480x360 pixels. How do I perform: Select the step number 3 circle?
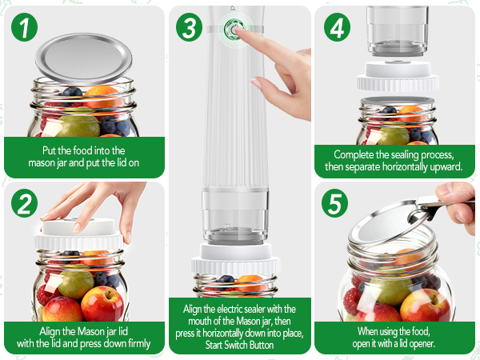pos(190,28)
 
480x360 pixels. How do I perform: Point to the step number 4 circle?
pos(337,28)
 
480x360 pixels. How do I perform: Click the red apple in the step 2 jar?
pos(102,303)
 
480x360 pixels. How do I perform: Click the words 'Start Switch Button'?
pos(240,344)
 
